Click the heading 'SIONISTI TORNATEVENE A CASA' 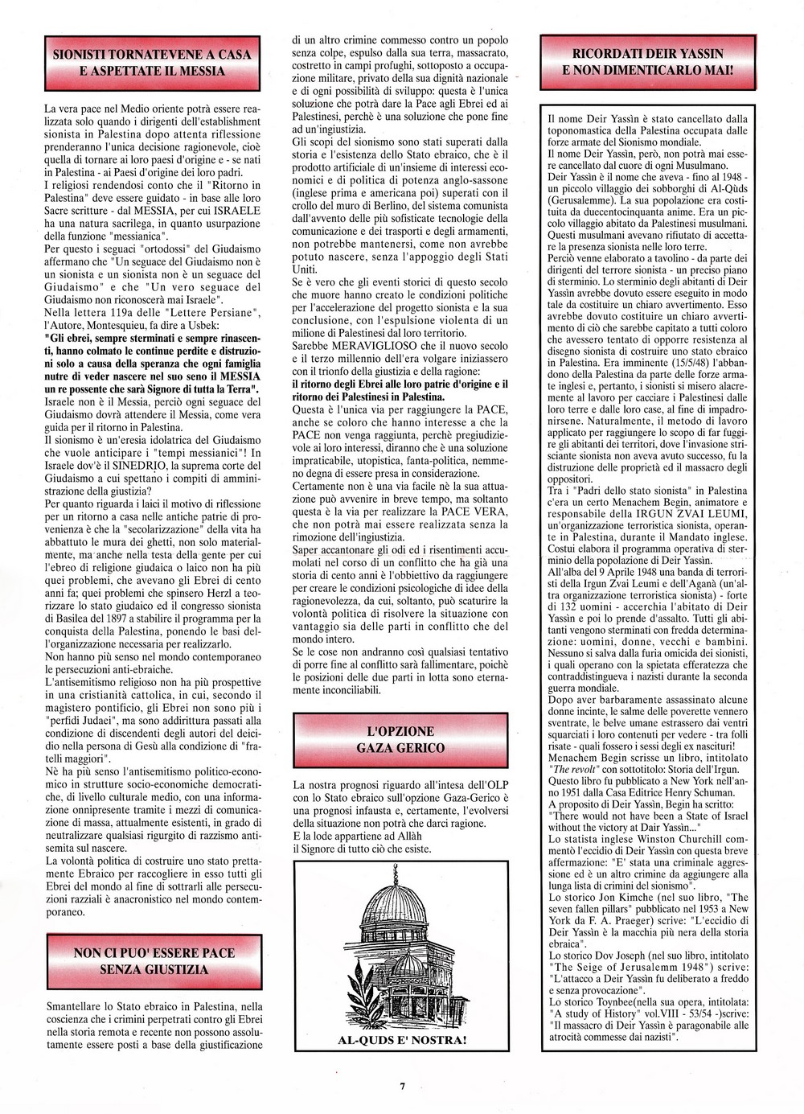click(x=151, y=55)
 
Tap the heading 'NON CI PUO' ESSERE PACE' click(x=154, y=952)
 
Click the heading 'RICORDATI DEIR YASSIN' click(x=652, y=54)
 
